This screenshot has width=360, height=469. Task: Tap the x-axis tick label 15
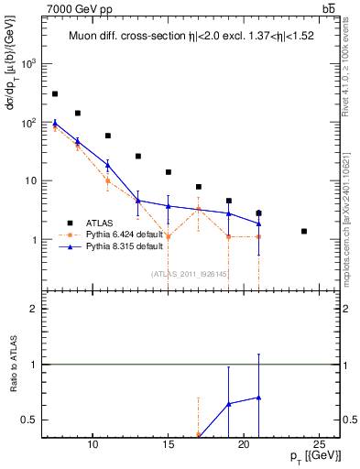[168, 445]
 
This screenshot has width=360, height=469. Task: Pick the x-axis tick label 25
[319, 445]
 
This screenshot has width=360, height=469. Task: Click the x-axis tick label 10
[93, 445]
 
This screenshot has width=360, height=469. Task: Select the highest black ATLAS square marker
[55, 93]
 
